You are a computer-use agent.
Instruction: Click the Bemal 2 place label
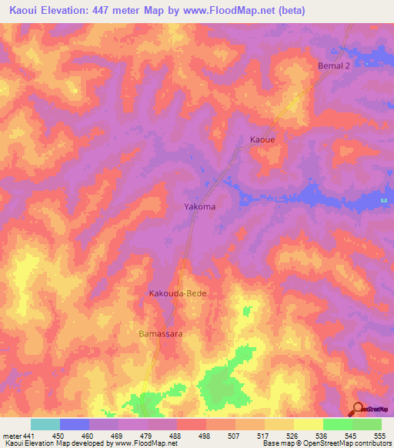(x=334, y=66)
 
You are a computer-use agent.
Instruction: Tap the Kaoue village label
(x=262, y=140)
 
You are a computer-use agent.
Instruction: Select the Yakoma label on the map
(x=199, y=207)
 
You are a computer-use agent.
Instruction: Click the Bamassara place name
(x=160, y=335)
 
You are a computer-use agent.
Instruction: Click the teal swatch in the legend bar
(x=45, y=424)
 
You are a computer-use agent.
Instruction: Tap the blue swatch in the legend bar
(x=75, y=424)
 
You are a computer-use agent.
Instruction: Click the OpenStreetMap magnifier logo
(x=358, y=408)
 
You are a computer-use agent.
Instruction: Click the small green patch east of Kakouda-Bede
(x=246, y=310)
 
